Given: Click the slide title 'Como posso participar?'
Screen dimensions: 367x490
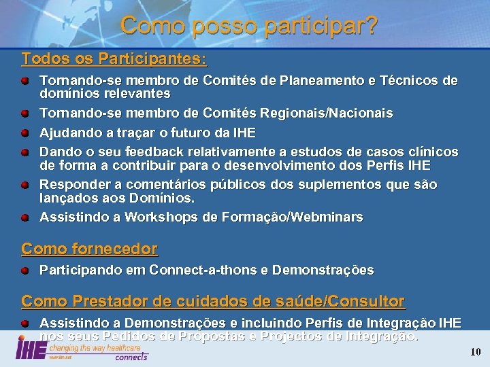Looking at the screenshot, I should pyautogui.click(x=249, y=26).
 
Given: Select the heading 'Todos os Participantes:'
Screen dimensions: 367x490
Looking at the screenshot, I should pyautogui.click(x=114, y=59).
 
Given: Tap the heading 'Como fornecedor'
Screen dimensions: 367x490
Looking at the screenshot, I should pyautogui.click(x=89, y=249).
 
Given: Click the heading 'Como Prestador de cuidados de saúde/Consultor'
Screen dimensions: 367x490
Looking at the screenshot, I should pyautogui.click(x=213, y=300).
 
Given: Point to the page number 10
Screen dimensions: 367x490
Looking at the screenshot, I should pyautogui.click(x=476, y=351).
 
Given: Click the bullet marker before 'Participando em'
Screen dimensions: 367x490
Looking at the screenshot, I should pyautogui.click(x=24, y=270).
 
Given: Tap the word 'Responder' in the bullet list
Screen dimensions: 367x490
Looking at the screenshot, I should pyautogui.click(x=69, y=184).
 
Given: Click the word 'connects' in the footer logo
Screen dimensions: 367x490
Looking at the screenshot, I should pyautogui.click(x=131, y=357).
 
